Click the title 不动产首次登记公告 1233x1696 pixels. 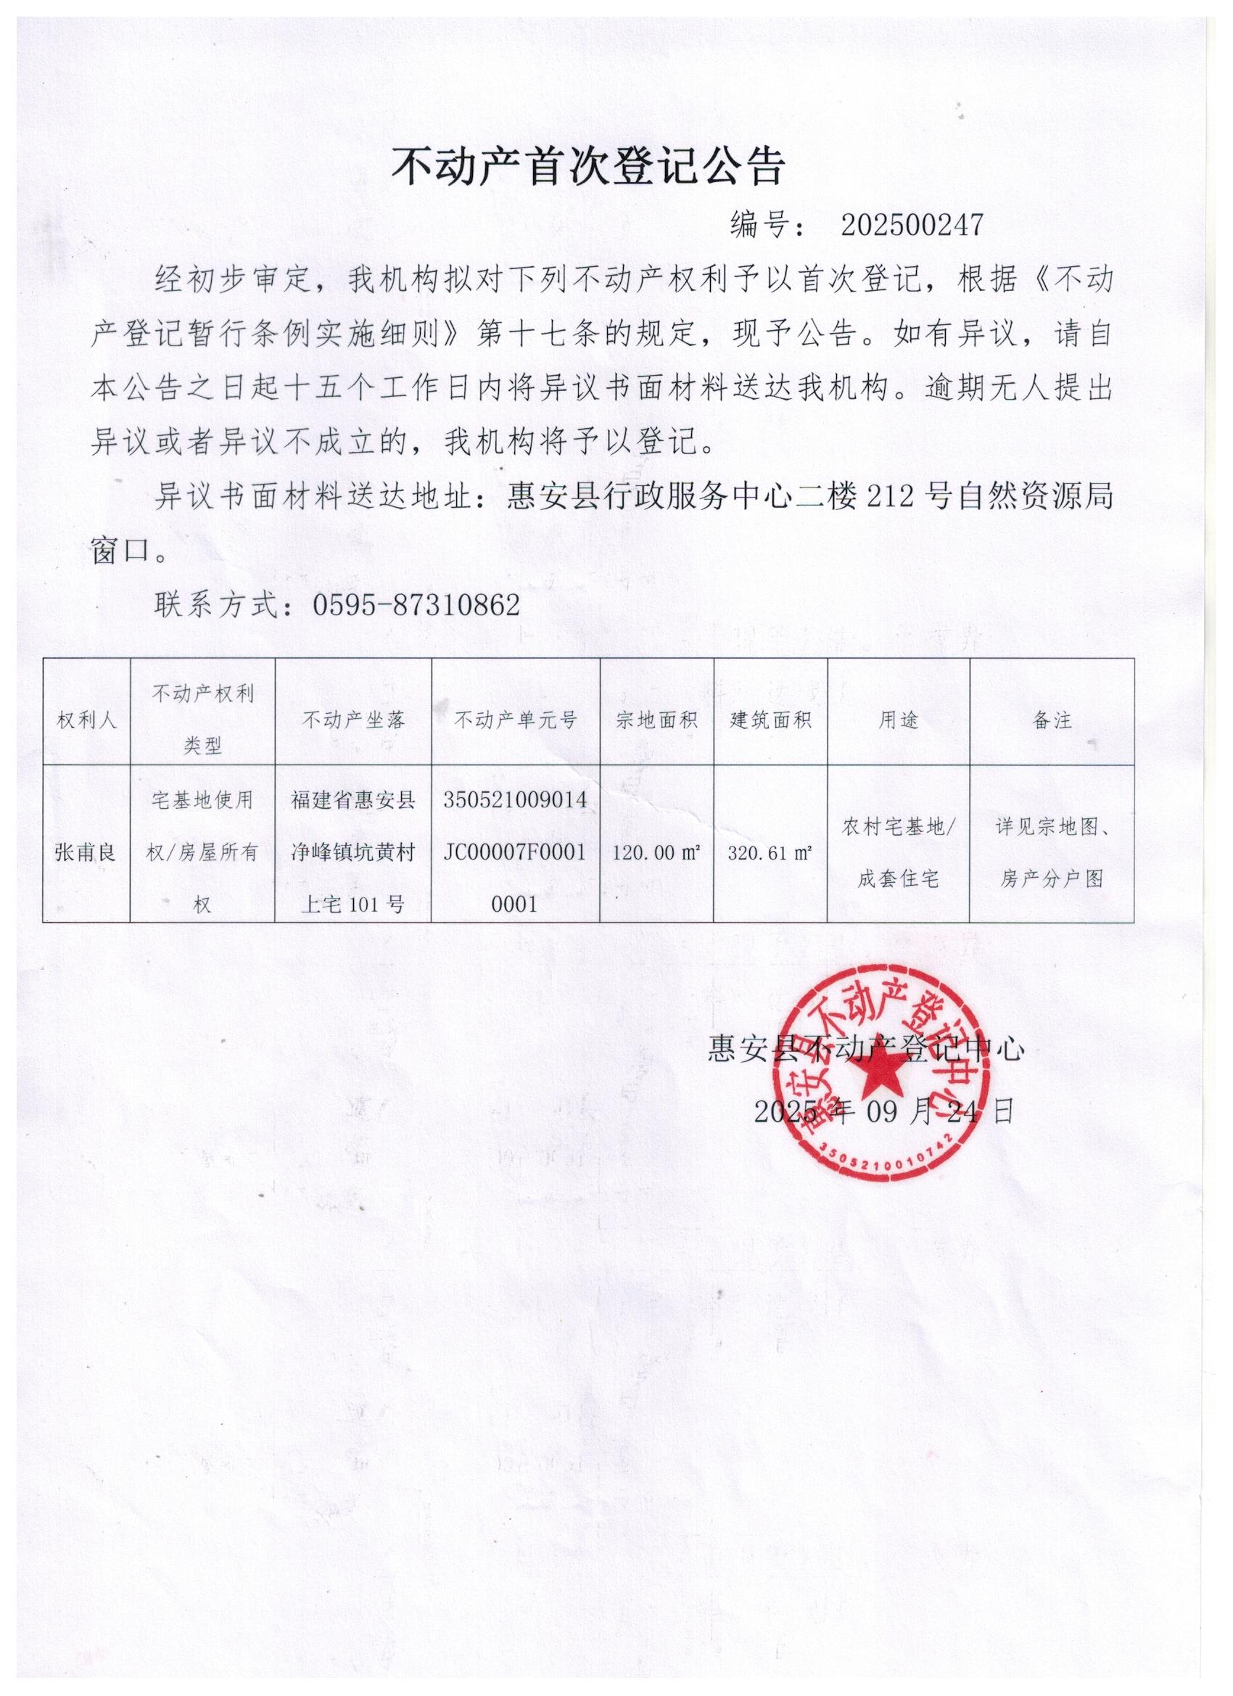(587, 166)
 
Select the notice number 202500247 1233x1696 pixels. (912, 225)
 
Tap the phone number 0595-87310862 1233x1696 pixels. (416, 604)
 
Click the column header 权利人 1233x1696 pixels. (87, 720)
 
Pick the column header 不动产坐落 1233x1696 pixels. (354, 720)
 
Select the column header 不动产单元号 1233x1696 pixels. (516, 720)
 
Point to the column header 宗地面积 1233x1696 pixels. (656, 720)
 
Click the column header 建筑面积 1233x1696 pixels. (771, 720)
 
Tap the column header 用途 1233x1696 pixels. (898, 720)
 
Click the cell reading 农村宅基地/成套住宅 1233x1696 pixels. (898, 852)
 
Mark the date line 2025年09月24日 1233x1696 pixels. (884, 1112)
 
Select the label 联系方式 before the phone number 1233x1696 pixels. (218, 604)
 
